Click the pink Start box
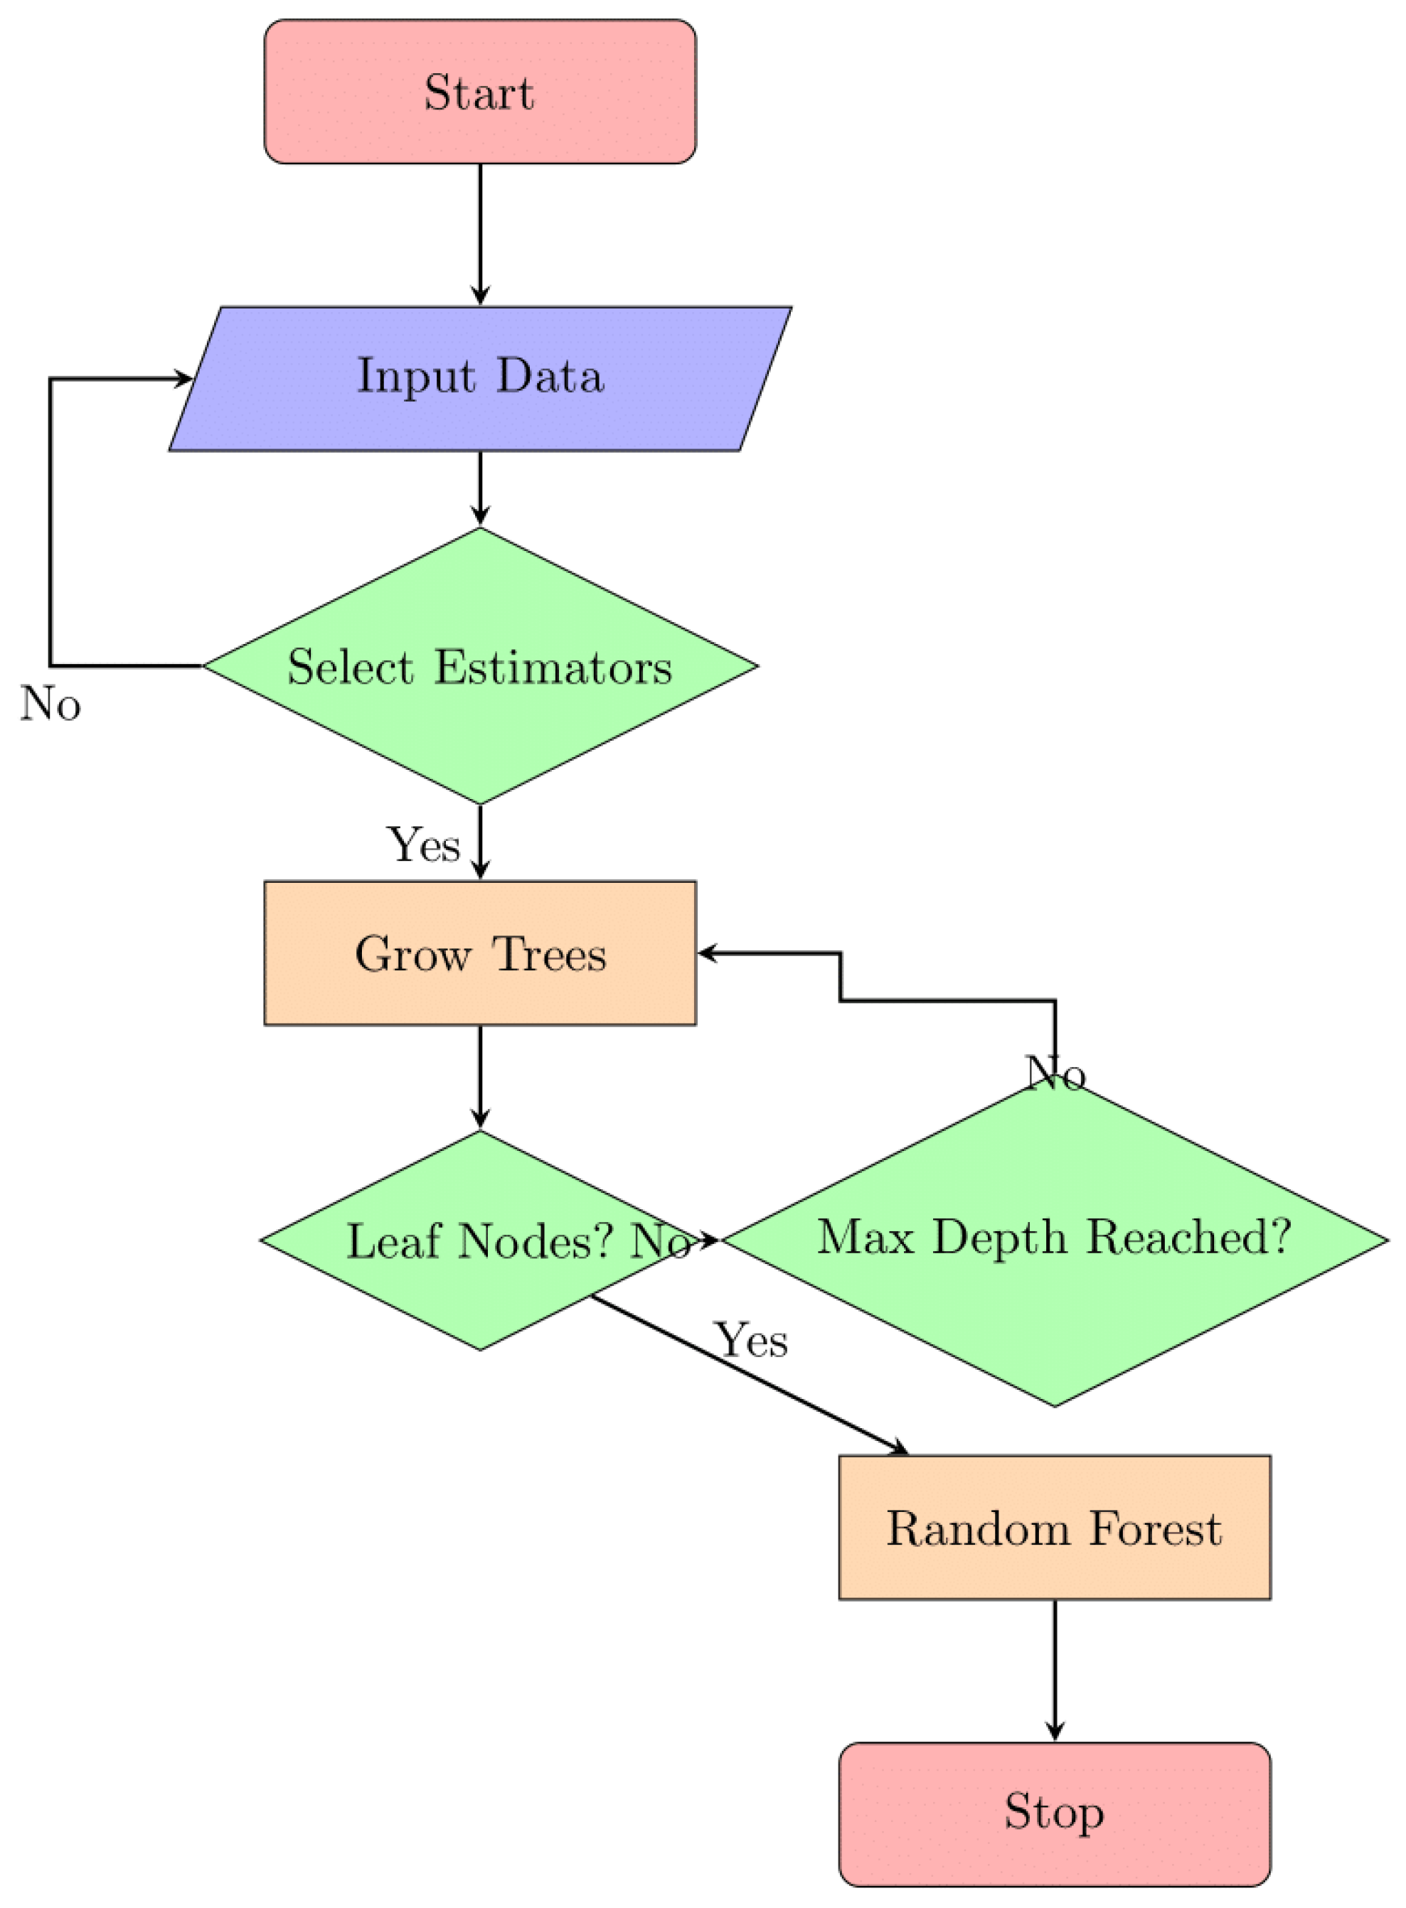tap(480, 92)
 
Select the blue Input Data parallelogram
tap(480, 377)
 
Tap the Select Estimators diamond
tap(480, 666)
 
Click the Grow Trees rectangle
tap(480, 953)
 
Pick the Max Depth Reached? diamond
tap(1055, 1239)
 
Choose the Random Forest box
tap(1055, 1528)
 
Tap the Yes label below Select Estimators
tap(424, 845)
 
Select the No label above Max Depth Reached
tap(1055, 1073)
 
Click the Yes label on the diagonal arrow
tap(751, 1341)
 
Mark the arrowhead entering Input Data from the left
tap(183, 378)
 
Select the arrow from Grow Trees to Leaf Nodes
tap(480, 1076)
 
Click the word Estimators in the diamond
tap(553, 668)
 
